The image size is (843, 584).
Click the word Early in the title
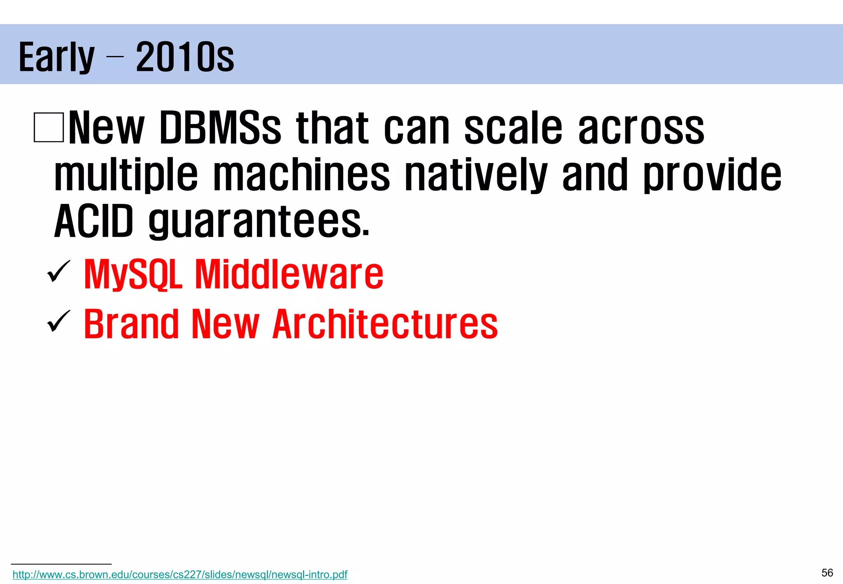pos(56,58)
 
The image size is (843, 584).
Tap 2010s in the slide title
pos(185,57)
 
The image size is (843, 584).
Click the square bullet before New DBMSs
pos(49,127)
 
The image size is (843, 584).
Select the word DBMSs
pos(220,128)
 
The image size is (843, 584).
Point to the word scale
pos(513,128)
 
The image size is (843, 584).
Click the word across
pos(641,129)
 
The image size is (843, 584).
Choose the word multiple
pos(126,175)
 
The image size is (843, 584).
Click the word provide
pos(713,175)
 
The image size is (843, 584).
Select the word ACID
pos(94,222)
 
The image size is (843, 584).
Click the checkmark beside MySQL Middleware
pos(58,272)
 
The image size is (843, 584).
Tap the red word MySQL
pos(133,275)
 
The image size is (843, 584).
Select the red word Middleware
pos(289,274)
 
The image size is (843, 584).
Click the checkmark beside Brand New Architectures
pos(58,321)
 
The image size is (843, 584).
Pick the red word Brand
pos(131,324)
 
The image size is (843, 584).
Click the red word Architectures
pos(385,324)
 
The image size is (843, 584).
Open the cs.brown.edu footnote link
pos(180,575)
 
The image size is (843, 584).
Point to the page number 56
pos(827,573)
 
